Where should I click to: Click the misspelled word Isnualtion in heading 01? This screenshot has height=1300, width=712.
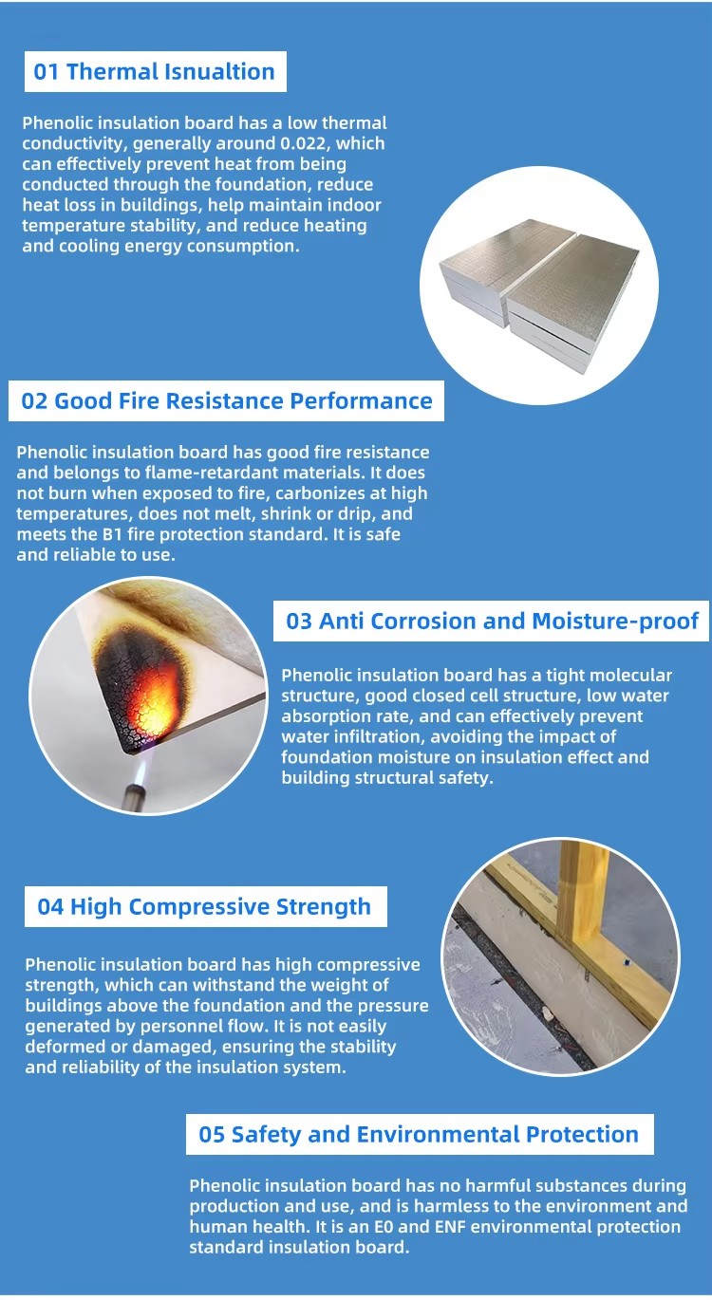pos(219,71)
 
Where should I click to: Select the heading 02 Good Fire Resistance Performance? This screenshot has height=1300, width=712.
pos(227,401)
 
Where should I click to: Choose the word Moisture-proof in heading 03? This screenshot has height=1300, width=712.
pos(615,621)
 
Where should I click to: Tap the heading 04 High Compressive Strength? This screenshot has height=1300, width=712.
pos(204,906)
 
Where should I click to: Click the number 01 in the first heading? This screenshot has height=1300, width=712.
pos(47,71)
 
